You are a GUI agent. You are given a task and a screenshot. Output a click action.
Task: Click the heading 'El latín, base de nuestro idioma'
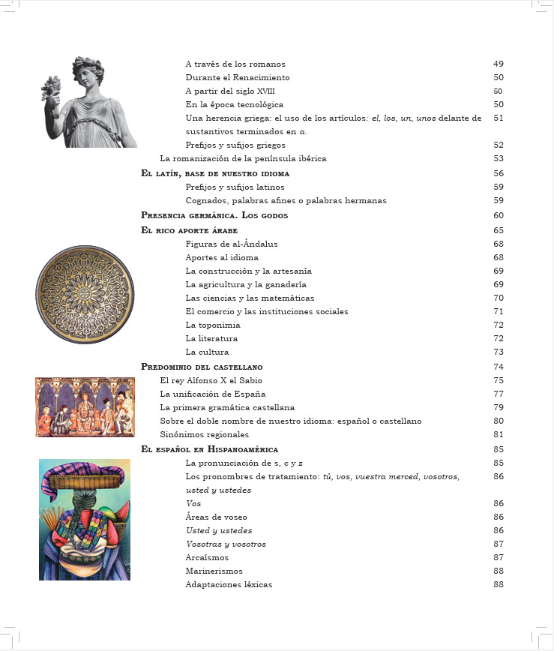pos(215,173)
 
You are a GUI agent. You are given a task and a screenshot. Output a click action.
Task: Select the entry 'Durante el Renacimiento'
pos(237,77)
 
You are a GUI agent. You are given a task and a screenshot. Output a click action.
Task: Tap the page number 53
pos(499,159)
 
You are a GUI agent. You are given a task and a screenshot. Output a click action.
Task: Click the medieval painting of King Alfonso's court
pos(85,407)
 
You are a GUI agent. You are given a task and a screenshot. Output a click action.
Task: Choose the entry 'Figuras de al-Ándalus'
pos(232,244)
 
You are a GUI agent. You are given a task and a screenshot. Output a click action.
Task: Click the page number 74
pos(499,367)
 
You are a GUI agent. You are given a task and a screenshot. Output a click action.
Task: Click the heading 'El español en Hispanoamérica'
pos(209,449)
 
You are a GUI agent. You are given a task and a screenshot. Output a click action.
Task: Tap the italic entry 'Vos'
pos(193,503)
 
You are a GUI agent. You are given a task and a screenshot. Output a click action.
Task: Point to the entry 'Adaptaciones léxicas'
pos(229,584)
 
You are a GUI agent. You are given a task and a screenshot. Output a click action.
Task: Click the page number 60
pos(499,215)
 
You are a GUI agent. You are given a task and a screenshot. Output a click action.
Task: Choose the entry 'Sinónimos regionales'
pos(204,434)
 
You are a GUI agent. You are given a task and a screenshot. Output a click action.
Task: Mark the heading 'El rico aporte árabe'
pos(188,230)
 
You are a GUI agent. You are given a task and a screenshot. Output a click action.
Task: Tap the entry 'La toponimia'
pos(213,325)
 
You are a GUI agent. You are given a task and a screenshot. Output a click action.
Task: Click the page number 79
pos(499,407)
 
